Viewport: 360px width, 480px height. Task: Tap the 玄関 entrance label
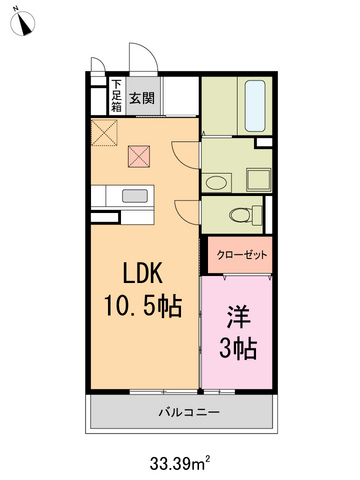tap(141, 98)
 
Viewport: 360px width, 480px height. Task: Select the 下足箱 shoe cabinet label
tap(116, 96)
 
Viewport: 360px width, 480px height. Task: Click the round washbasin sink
tap(217, 181)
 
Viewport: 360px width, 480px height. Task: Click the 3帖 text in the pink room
tap(237, 349)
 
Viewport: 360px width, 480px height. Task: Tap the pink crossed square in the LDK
tap(139, 156)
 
